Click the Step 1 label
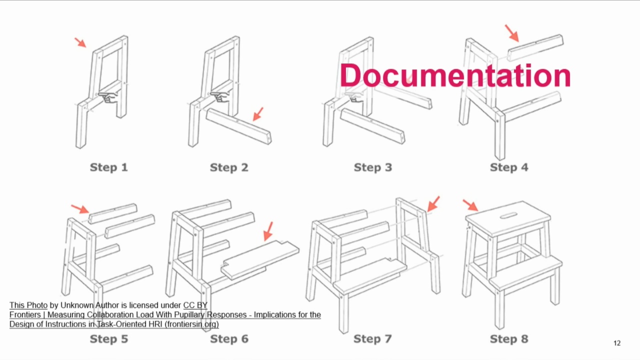109,167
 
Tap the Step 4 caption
509,167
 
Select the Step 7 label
372,339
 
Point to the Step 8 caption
509,339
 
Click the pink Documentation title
455,75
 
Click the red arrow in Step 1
80,42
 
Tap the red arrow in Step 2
258,114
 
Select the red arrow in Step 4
511,33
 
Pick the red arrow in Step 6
268,231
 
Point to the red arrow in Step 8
470,205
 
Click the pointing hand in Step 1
108,96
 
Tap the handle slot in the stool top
508,215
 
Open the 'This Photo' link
28,305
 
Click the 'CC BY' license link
195,305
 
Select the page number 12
617,343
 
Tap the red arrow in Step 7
433,203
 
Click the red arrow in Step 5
80,209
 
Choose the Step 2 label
229,167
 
